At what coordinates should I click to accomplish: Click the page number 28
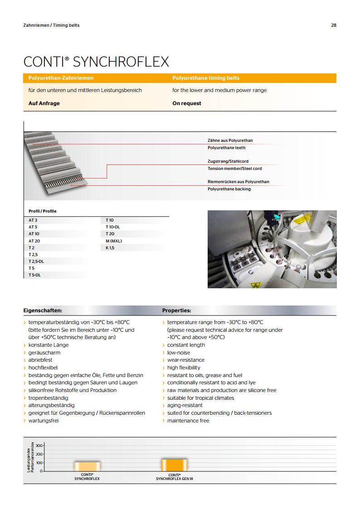click(x=334, y=25)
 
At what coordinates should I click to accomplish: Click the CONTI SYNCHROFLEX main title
click(x=96, y=62)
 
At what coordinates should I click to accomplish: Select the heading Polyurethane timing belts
click(x=206, y=78)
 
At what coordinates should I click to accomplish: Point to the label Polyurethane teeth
click(x=227, y=148)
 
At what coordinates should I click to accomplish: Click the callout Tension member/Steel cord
click(x=235, y=169)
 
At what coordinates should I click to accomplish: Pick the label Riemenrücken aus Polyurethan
click(x=238, y=182)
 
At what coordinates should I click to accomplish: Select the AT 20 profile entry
click(x=34, y=241)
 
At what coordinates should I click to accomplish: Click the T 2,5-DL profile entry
click(x=36, y=262)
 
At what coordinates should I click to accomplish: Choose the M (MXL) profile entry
click(x=114, y=241)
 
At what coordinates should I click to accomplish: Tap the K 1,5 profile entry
click(x=110, y=248)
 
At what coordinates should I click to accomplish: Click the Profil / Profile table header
click(x=43, y=211)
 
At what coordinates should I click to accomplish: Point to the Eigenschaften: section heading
click(x=43, y=311)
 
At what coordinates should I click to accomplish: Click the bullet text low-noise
click(x=179, y=353)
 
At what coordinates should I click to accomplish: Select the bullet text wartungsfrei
click(x=44, y=421)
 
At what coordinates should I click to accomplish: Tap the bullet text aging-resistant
click(x=185, y=405)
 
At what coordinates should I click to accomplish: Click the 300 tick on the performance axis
click(x=39, y=446)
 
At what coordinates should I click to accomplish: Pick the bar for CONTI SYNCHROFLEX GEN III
click(x=175, y=465)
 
